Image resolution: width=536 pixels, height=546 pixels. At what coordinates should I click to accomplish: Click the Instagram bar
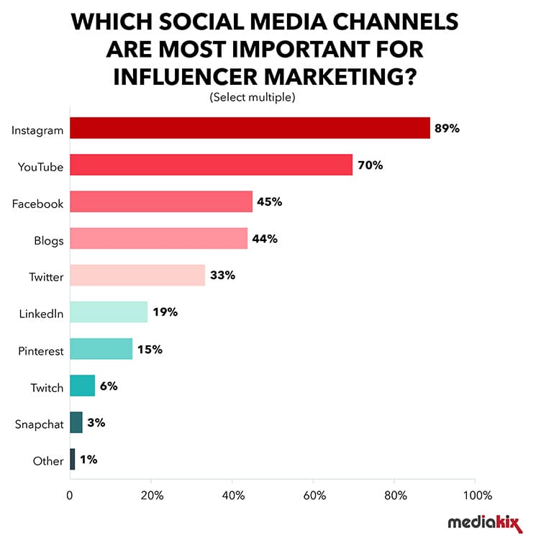click(x=250, y=128)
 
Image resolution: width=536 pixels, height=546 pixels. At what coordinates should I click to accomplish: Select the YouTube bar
click(x=211, y=165)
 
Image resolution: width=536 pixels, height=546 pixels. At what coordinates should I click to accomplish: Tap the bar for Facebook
click(x=161, y=201)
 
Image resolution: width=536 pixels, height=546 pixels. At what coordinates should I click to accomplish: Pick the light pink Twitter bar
click(x=137, y=276)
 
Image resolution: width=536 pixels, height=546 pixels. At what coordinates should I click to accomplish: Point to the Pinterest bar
click(x=101, y=349)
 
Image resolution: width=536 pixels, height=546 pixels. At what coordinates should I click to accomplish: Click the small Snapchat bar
click(x=76, y=422)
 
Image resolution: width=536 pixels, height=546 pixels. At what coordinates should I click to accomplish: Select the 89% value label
click(x=446, y=129)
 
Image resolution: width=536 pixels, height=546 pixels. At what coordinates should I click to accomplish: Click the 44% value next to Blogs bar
click(x=265, y=239)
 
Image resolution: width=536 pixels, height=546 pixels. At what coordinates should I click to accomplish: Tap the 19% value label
click(x=165, y=312)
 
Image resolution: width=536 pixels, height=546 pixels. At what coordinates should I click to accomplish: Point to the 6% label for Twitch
click(x=109, y=386)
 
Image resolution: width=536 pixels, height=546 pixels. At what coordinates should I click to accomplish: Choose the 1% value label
click(x=88, y=460)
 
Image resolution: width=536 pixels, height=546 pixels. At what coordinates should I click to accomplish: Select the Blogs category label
click(x=48, y=240)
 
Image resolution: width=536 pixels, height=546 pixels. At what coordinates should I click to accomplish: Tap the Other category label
click(x=48, y=460)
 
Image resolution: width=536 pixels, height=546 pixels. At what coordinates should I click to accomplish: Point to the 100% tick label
click(x=477, y=496)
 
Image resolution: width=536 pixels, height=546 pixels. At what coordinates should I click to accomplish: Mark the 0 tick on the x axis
click(x=70, y=496)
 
